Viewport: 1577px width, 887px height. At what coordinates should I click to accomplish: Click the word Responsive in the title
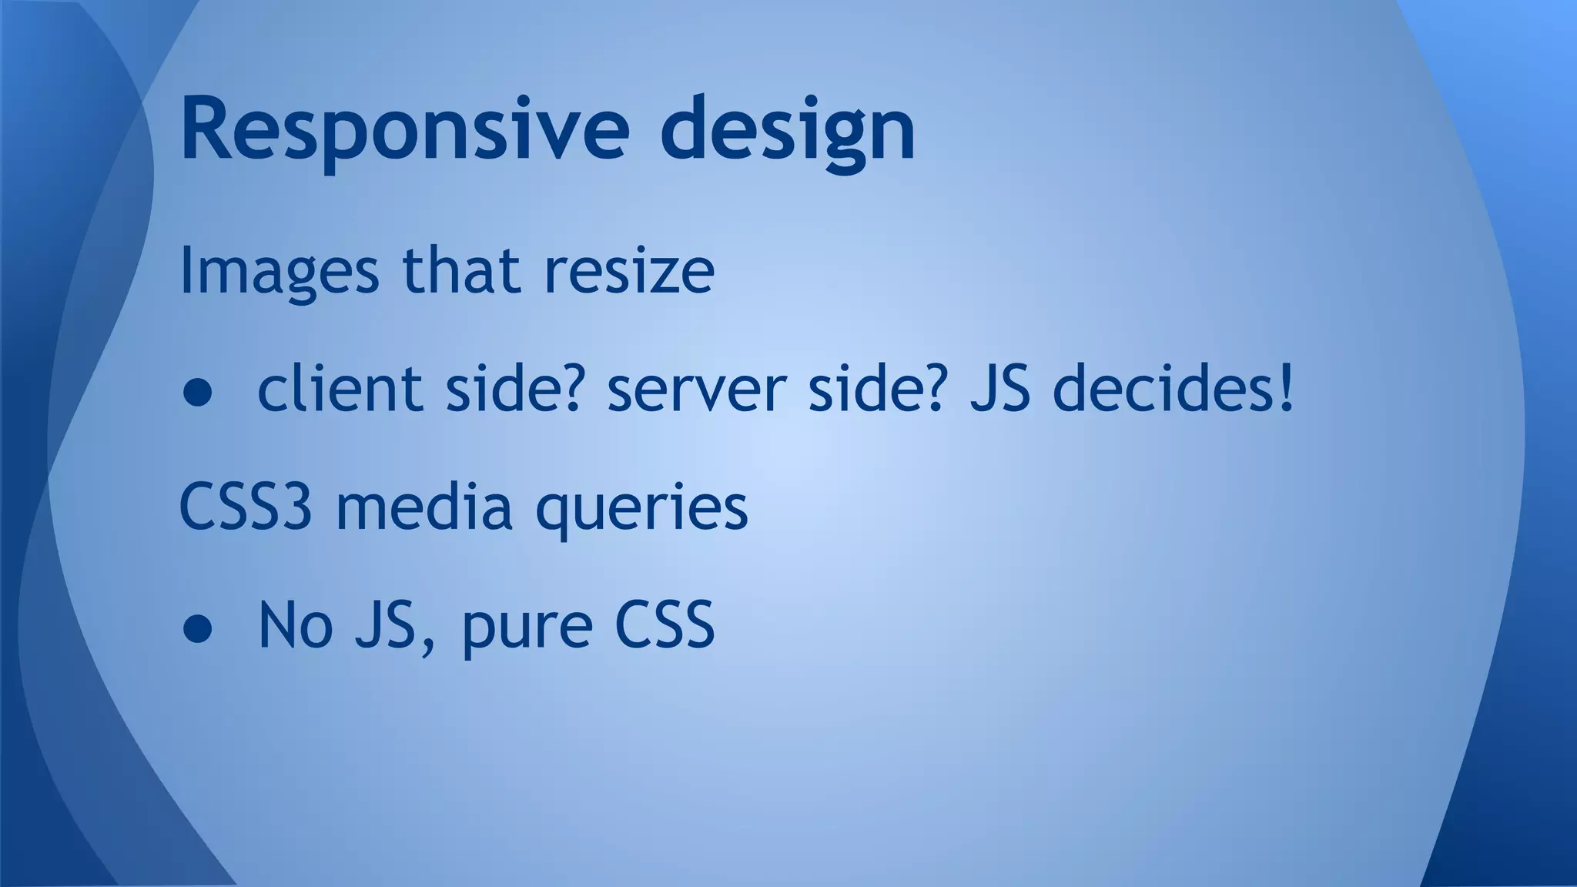(x=404, y=129)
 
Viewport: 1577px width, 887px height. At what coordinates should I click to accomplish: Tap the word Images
(x=280, y=272)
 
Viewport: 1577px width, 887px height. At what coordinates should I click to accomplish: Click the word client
(x=343, y=389)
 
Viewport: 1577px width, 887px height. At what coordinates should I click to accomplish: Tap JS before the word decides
(x=999, y=389)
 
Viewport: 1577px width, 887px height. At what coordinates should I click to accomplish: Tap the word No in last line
(x=295, y=625)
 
